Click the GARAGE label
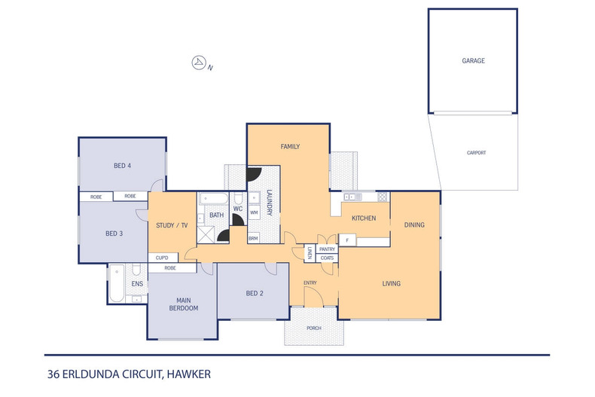point(473,60)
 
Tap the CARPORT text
point(476,153)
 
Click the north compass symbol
point(200,63)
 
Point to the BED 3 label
point(114,234)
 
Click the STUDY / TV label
point(171,225)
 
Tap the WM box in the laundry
point(254,213)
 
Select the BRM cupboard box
point(253,238)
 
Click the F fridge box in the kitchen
point(346,240)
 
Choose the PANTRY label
point(327,249)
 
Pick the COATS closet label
point(327,258)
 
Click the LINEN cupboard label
point(309,254)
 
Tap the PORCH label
point(313,328)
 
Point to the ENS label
point(137,284)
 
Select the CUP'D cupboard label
point(162,258)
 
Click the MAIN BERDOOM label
point(182,303)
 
